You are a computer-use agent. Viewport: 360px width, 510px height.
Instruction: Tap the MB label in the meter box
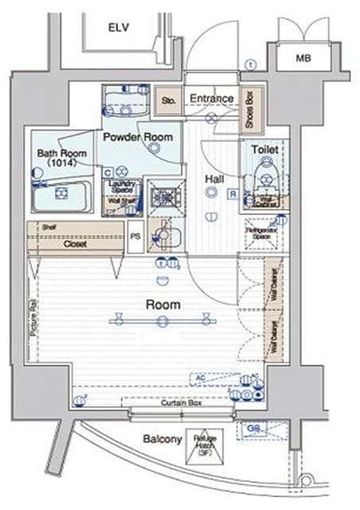click(303, 58)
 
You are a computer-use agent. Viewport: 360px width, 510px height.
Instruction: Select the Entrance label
click(210, 99)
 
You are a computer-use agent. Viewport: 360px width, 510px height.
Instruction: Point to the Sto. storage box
click(168, 100)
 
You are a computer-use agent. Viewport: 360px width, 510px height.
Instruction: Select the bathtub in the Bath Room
click(60, 194)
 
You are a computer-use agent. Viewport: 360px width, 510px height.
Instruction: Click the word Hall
click(213, 178)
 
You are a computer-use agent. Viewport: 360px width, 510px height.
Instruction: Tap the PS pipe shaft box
click(135, 236)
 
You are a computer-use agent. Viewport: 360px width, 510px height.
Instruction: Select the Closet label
click(76, 245)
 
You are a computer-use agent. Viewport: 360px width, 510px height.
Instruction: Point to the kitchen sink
click(166, 234)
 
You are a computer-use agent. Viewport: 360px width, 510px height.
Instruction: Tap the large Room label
click(162, 304)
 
